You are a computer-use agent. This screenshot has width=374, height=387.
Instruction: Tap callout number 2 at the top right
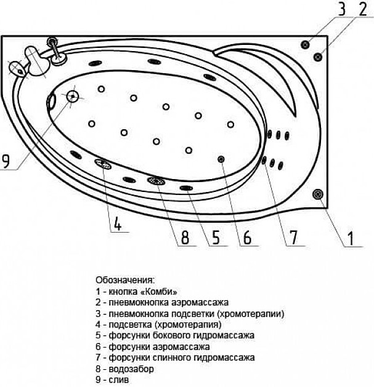click(x=363, y=9)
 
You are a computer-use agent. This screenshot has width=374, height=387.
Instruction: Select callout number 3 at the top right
click(x=342, y=9)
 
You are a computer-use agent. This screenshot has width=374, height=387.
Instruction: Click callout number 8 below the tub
click(x=185, y=237)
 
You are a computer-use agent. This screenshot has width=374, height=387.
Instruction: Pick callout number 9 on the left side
click(x=6, y=161)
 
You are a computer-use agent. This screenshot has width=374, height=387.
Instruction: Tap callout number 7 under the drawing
click(x=293, y=237)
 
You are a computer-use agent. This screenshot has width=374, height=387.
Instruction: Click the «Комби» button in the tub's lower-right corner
click(x=318, y=194)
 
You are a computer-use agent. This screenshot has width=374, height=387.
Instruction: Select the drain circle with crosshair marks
click(x=73, y=96)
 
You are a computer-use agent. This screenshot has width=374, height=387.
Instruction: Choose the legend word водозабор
click(x=131, y=369)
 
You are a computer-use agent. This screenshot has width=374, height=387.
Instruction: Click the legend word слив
click(x=119, y=380)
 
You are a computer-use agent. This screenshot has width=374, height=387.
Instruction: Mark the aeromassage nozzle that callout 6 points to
click(x=221, y=159)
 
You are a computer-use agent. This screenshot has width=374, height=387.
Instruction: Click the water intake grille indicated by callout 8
click(x=157, y=181)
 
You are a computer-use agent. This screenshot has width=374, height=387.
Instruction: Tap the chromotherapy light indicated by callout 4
click(x=103, y=164)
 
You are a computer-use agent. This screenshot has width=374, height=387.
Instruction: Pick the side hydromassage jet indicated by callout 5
click(x=186, y=188)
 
